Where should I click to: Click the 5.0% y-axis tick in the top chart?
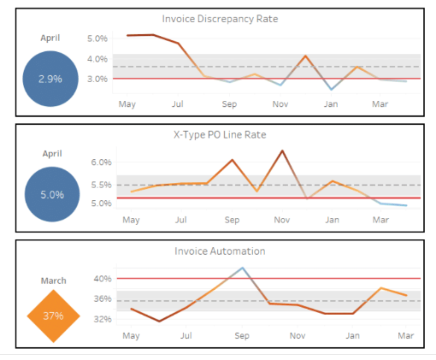(x=97, y=38)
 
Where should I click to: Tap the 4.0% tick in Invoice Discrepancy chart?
(x=97, y=59)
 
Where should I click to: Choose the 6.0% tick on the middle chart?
(x=101, y=162)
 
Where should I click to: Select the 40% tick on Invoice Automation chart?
(x=103, y=278)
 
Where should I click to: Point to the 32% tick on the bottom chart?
(x=103, y=319)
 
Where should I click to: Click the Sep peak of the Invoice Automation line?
(x=243, y=268)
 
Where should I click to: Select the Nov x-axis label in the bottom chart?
(x=297, y=336)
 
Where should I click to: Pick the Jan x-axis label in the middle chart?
(x=332, y=220)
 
